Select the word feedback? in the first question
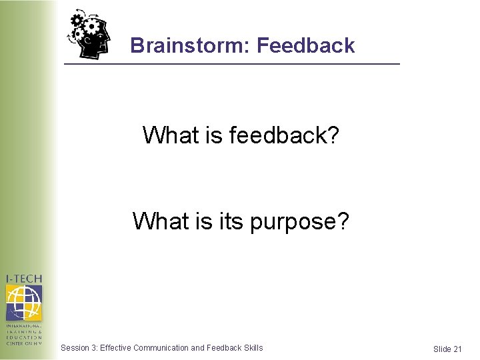(x=284, y=135)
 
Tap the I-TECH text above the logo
(x=24, y=279)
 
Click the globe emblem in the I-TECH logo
(x=24, y=303)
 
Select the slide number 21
(x=457, y=349)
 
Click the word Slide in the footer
(x=442, y=349)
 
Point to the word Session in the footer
(x=74, y=347)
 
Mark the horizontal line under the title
(x=231, y=63)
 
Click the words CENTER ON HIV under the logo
(x=24, y=343)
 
